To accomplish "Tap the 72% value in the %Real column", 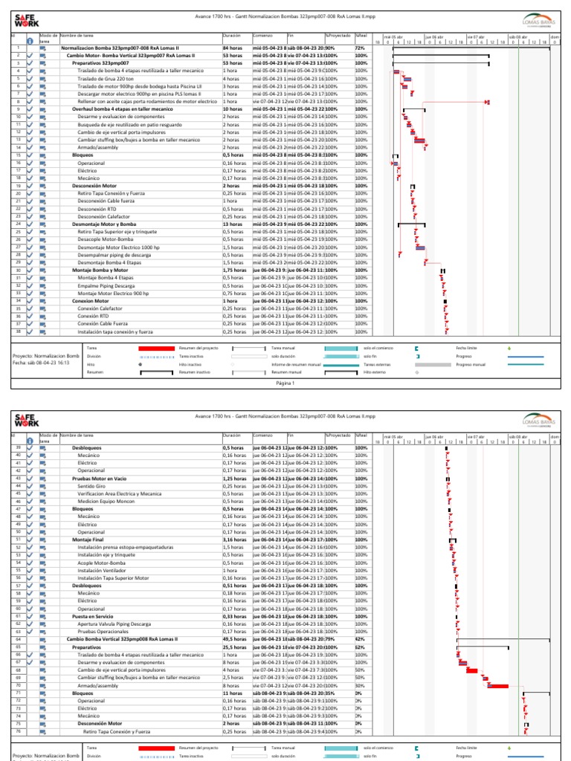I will click(361, 48).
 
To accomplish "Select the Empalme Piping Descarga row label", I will click(106, 285).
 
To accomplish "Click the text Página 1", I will click(285, 383).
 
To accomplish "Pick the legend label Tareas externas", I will click(377, 365).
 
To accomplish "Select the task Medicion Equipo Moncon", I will click(106, 502).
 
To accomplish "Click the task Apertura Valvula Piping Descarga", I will click(117, 624).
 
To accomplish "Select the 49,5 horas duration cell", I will click(234, 639).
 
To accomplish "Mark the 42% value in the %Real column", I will click(361, 639).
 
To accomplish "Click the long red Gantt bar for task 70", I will click(497, 685).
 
